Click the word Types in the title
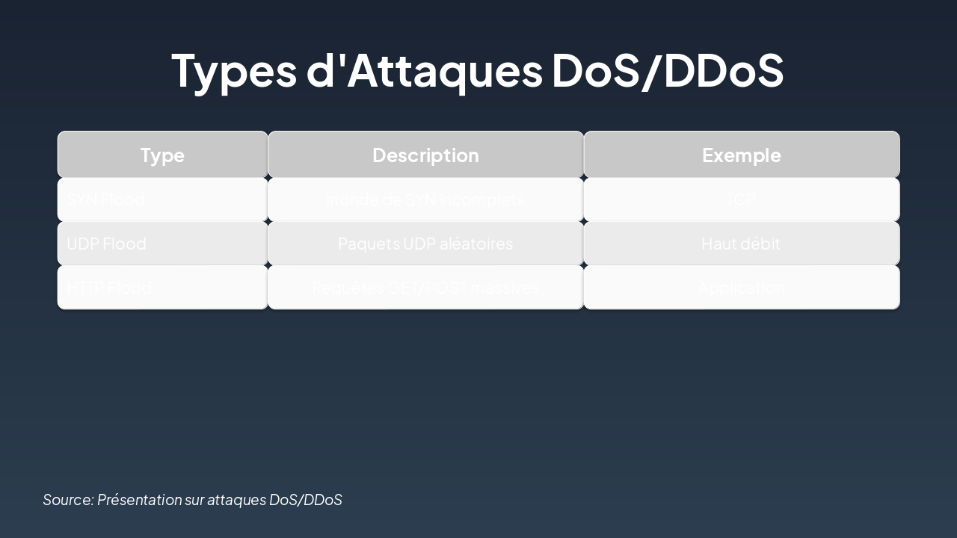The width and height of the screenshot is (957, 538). coord(234,70)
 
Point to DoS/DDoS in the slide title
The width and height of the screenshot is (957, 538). coord(668,70)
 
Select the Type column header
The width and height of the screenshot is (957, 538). coord(162,155)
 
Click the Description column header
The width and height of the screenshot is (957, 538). coord(425,155)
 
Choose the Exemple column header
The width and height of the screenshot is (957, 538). coord(741,155)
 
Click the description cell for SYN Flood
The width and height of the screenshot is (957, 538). coord(425,200)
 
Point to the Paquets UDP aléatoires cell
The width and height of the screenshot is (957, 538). coord(425,244)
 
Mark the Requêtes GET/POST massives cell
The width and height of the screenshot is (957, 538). coord(425,288)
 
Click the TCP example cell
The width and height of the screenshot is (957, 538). coord(741,200)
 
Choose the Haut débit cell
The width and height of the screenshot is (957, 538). coord(741,244)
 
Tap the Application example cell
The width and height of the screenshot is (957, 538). coord(741,288)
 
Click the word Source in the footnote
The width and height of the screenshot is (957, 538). coord(68,500)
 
